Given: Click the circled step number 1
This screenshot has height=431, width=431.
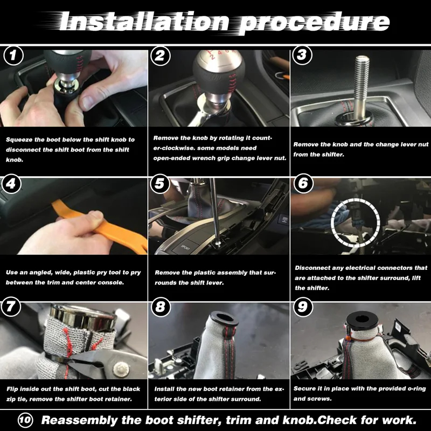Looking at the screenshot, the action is coord(13,56).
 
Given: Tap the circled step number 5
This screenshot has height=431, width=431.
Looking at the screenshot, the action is coord(160,184).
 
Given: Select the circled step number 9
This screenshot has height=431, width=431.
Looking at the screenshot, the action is coord(303,307).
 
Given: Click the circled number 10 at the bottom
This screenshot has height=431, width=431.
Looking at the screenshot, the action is coord(25,420).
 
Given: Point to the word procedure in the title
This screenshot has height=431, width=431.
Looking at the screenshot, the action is coord(314,23).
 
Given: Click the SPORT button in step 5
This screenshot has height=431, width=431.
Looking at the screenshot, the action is coord(185,247).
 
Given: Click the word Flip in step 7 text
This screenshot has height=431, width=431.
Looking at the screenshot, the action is coord(12,389).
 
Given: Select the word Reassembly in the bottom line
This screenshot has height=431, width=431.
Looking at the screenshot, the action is coord(80,421).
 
